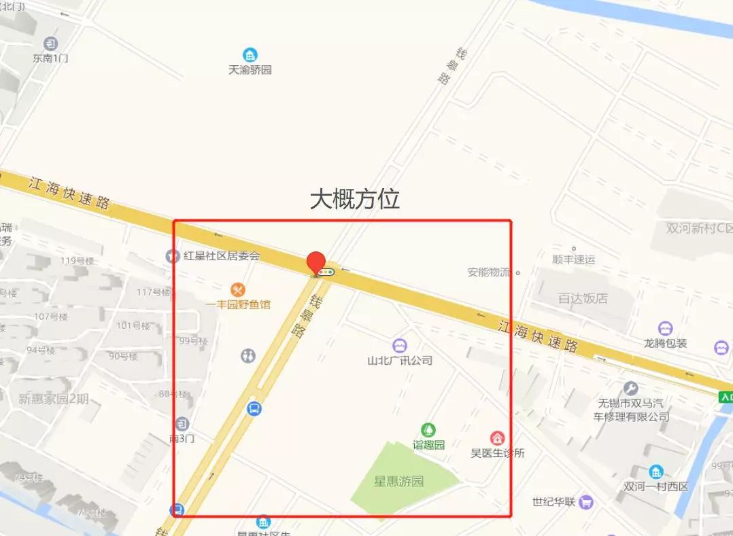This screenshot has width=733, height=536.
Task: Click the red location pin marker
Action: [316, 262]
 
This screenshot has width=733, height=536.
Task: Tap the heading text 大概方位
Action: [354, 198]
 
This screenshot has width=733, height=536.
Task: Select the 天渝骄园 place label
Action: [250, 69]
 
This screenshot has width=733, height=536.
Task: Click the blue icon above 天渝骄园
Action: [250, 55]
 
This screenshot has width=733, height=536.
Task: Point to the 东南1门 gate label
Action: [50, 58]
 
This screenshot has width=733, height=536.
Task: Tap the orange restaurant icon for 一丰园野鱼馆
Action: [237, 289]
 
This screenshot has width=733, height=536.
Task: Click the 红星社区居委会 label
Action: [222, 256]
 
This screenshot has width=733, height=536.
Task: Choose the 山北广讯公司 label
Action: [399, 360]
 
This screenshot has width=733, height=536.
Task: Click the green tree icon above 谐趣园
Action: [428, 430]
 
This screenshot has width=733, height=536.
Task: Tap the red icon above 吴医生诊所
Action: [498, 438]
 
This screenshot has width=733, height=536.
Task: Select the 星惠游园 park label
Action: [398, 481]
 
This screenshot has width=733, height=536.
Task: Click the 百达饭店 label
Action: [583, 298]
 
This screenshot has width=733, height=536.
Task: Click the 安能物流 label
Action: [488, 272]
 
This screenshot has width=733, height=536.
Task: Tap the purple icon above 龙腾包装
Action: [665, 329]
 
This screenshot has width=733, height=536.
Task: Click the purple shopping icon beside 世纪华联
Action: [586, 503]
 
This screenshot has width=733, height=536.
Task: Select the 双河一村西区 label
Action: [655, 486]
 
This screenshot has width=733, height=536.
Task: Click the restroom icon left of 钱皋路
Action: [248, 355]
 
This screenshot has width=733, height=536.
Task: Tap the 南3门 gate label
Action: [182, 439]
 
